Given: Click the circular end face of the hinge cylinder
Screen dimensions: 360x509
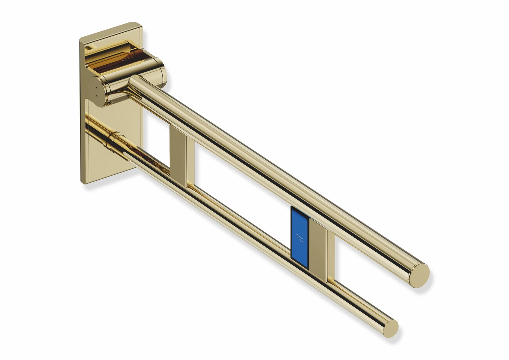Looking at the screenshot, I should tap(96, 91).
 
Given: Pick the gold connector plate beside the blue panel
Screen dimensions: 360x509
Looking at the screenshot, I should tap(319, 251).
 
